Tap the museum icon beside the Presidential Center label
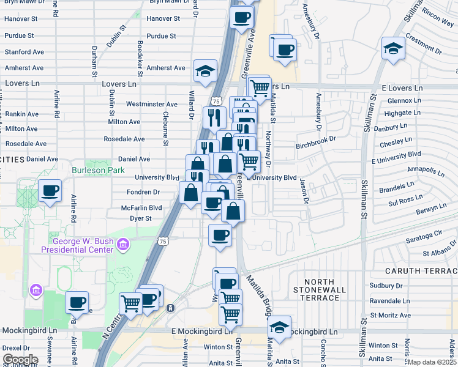click(123, 246)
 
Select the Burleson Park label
click(98, 170)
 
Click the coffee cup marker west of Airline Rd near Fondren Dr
click(50, 190)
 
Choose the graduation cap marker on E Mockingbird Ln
click(279, 328)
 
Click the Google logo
click(20, 359)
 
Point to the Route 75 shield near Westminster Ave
click(216, 101)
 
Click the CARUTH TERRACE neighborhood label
click(420, 270)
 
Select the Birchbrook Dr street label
click(316, 139)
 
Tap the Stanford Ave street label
click(24, 52)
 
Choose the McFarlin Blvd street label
click(141, 208)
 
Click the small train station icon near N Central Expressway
click(170, 307)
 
